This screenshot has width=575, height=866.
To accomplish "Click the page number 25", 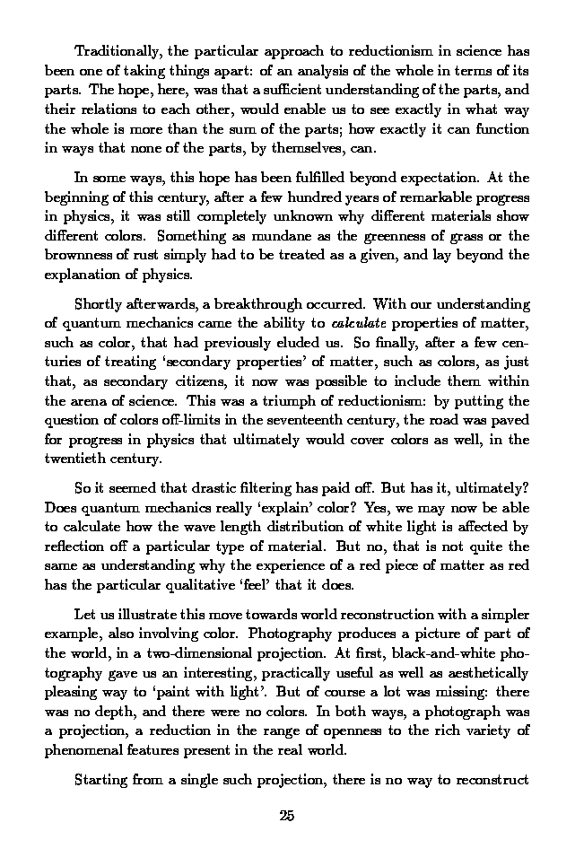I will (287, 815).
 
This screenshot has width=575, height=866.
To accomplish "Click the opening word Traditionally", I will (116, 50).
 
